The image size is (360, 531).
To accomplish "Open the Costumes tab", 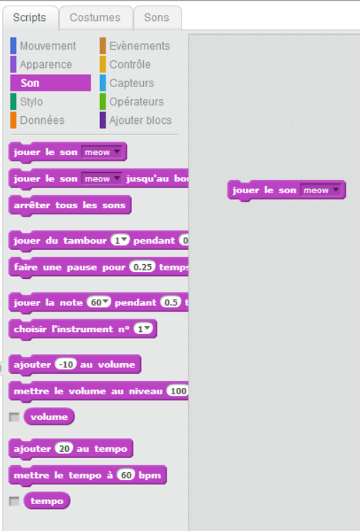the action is [x=95, y=18].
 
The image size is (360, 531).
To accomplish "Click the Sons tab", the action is [x=157, y=18].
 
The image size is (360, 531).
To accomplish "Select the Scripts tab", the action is [x=30, y=18].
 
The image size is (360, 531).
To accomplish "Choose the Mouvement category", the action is [x=47, y=46].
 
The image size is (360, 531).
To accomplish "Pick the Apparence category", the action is [x=46, y=64].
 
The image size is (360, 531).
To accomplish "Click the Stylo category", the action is [x=31, y=101].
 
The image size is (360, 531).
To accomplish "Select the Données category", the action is [x=42, y=120].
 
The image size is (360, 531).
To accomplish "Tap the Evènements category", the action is [x=140, y=46].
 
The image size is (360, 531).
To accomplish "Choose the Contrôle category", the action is [x=130, y=64].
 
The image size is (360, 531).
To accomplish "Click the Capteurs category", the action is [x=132, y=83].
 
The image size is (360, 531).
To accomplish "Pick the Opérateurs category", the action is [x=136, y=101].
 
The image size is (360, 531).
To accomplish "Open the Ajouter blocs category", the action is [x=140, y=120].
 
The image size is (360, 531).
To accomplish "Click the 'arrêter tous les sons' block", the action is [x=70, y=205].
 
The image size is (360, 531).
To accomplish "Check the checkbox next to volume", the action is [x=14, y=417].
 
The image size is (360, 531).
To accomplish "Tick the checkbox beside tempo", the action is [x=14, y=501].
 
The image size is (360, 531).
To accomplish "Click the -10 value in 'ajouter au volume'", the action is [x=66, y=365].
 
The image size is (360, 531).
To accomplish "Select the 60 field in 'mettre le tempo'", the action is [x=126, y=475].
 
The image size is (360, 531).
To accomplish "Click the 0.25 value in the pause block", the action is [x=142, y=267].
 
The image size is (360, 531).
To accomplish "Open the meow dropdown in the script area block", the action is [x=321, y=190].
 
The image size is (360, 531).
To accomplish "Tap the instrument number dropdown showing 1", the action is [x=143, y=329].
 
